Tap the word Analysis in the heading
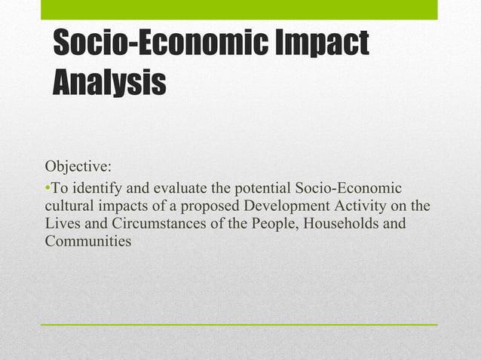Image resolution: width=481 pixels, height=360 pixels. [x=109, y=81]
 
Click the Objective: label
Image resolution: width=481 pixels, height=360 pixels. [x=78, y=166]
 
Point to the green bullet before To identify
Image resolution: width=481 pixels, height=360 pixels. [x=47, y=187]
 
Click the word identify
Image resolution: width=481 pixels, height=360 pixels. [x=93, y=187]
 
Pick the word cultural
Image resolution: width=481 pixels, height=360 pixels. [x=69, y=205]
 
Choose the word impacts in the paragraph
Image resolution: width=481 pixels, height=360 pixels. [x=123, y=205]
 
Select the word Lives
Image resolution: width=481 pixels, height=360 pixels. [x=63, y=223]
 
